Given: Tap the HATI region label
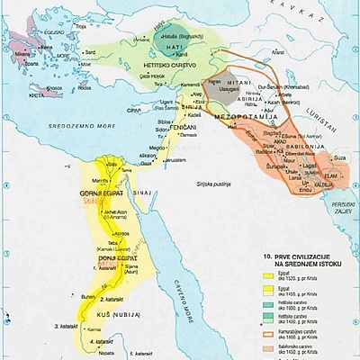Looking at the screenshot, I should [165, 53].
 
